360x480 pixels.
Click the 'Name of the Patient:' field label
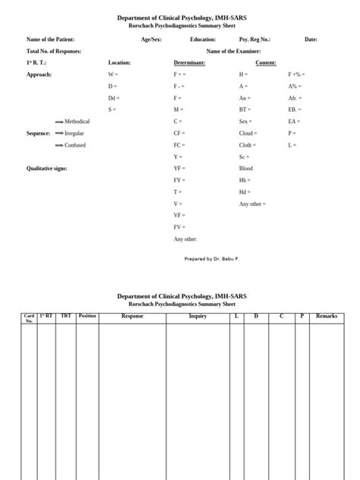click(52, 39)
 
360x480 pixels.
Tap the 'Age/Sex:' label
click(151, 39)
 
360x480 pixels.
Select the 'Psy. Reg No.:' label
click(254, 39)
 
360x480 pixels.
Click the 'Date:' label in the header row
click(311, 39)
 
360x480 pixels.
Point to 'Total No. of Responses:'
click(54, 51)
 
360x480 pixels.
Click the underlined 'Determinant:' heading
click(189, 63)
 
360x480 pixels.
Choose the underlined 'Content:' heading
click(266, 63)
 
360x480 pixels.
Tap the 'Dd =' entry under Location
click(114, 98)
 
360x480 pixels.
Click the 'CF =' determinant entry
click(179, 133)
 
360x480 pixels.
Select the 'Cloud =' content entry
click(248, 133)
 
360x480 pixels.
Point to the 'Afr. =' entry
click(295, 98)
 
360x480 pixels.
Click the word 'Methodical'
click(77, 122)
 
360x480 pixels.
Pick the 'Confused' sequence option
click(75, 144)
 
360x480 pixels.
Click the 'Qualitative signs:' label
click(47, 168)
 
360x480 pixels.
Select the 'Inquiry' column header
click(197, 316)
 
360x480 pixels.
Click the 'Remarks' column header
click(327, 316)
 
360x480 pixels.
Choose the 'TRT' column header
click(66, 316)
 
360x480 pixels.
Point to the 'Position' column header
click(87, 316)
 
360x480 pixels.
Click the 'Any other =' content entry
click(252, 204)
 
